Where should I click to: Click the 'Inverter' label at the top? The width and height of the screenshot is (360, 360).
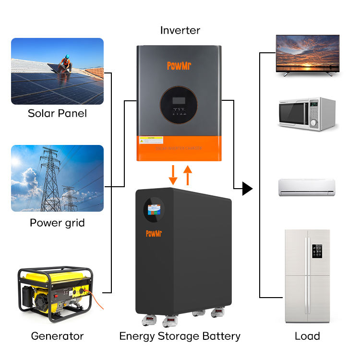pyautogui.click(x=180, y=31)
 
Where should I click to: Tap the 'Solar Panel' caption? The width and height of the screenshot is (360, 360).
pyautogui.click(x=57, y=114)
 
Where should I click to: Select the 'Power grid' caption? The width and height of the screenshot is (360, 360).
pyautogui.click(x=57, y=223)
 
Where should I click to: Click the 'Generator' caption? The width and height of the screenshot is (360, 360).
pyautogui.click(x=57, y=336)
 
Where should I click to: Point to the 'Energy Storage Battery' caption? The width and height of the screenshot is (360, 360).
pyautogui.click(x=180, y=336)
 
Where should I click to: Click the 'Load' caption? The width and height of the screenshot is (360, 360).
pyautogui.click(x=307, y=336)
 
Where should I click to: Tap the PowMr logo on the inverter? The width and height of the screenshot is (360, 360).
pyautogui.click(x=179, y=65)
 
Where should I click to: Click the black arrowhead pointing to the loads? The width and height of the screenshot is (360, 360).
pyautogui.click(x=247, y=189)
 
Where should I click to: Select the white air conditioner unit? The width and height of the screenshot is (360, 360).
pyautogui.click(x=307, y=186)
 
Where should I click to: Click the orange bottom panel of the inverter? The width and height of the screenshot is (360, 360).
pyautogui.click(x=179, y=149)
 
